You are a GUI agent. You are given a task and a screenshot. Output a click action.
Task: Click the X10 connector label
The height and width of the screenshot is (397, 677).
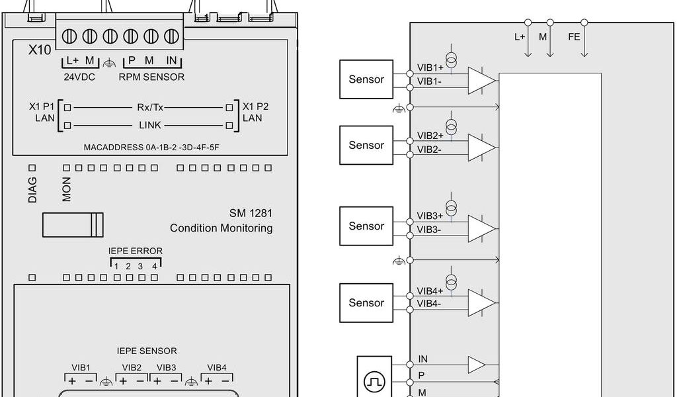click(40, 49)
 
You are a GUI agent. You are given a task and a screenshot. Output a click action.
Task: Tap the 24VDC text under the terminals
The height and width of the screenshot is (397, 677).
click(79, 76)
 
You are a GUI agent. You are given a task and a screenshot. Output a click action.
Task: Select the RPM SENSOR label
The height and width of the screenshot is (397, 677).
click(151, 76)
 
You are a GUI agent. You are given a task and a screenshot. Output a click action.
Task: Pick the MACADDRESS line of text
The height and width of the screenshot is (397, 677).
click(151, 147)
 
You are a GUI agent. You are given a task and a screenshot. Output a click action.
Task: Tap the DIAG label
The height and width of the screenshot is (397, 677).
click(32, 189)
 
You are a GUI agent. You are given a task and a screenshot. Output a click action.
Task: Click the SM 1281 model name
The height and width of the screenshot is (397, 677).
click(251, 214)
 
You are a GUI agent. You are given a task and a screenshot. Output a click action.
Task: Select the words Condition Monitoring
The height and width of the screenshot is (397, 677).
click(221, 228)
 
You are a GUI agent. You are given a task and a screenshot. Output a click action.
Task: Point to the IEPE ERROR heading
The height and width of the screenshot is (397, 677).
click(136, 251)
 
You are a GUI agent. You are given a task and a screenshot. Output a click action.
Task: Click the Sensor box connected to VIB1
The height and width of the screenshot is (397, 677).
click(366, 79)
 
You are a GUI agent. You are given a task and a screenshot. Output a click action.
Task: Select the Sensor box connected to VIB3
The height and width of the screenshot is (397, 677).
click(366, 226)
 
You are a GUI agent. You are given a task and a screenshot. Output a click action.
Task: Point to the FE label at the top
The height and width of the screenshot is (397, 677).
click(574, 37)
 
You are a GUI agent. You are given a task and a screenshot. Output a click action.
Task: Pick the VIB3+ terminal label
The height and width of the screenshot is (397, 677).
click(430, 216)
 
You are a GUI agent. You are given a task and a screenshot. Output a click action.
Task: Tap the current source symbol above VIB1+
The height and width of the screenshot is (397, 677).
click(452, 59)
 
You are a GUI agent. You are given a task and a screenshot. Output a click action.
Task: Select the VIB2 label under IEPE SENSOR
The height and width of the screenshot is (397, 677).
click(132, 367)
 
